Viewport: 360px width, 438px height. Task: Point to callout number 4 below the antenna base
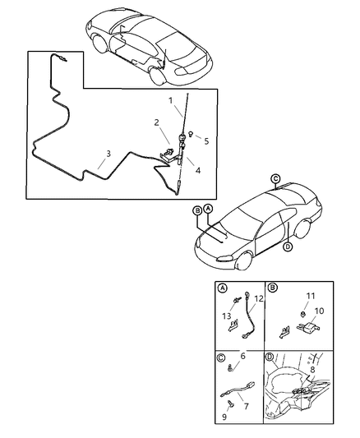196,171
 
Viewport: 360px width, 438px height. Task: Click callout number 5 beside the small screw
206,141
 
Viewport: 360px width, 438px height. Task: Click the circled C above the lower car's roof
275,178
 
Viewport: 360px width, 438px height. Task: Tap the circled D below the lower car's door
287,247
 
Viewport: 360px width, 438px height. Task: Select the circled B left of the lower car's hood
197,210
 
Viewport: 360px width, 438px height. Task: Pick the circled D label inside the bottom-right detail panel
271,357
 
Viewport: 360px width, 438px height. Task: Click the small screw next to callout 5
191,134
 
